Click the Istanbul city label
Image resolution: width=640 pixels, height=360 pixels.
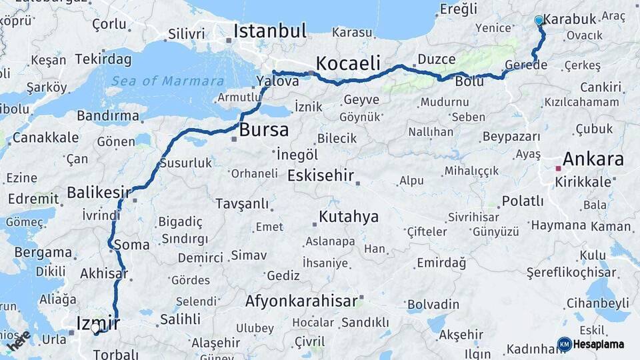(270, 31)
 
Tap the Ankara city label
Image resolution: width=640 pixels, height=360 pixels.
(593, 159)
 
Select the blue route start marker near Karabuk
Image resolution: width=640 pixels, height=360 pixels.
(539, 21)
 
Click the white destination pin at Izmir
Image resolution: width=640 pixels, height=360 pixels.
(96, 328)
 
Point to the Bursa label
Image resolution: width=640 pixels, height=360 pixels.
(264, 130)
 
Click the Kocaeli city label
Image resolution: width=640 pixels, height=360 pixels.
(348, 64)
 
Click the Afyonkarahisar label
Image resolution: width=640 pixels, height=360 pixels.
(301, 301)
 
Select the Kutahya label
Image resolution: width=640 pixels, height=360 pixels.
(349, 217)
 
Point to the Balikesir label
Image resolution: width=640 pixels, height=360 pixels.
(99, 193)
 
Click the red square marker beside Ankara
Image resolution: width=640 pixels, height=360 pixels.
(558, 169)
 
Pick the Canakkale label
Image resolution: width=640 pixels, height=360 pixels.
(45, 138)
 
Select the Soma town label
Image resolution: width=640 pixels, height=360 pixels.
(132, 245)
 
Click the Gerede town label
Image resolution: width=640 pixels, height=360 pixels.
(526, 65)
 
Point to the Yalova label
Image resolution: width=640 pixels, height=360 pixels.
(277, 81)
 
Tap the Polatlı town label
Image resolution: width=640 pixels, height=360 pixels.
(523, 201)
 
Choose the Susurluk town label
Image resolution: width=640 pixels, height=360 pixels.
(186, 163)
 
